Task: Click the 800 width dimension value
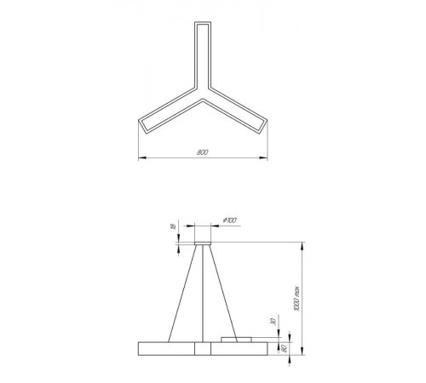pyautogui.click(x=203, y=151)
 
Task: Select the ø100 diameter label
pyautogui.click(x=229, y=221)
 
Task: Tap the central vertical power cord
pyautogui.click(x=202, y=294)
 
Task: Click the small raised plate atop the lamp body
pyautogui.click(x=238, y=340)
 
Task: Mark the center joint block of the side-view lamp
pyautogui.click(x=202, y=348)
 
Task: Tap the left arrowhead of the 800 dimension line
pyautogui.click(x=141, y=157)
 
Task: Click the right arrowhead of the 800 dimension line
pyautogui.click(x=264, y=157)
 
